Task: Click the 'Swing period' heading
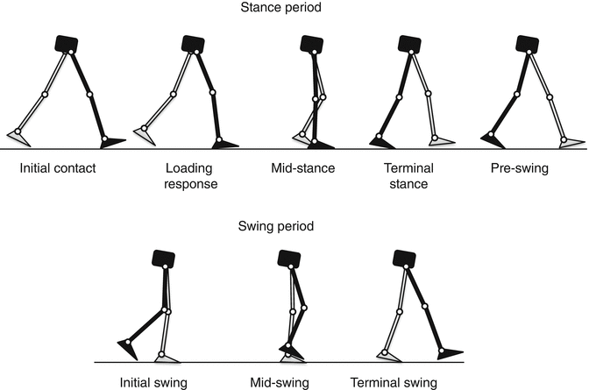(x=294, y=225)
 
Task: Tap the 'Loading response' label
(x=191, y=176)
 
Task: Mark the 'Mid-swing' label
(x=282, y=382)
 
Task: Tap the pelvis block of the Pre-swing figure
(x=526, y=44)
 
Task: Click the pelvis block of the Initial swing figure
(x=162, y=259)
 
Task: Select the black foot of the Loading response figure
(x=225, y=143)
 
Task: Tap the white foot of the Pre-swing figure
(x=571, y=139)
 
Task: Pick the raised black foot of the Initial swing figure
(x=129, y=348)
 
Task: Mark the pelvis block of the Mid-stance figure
(x=311, y=44)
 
